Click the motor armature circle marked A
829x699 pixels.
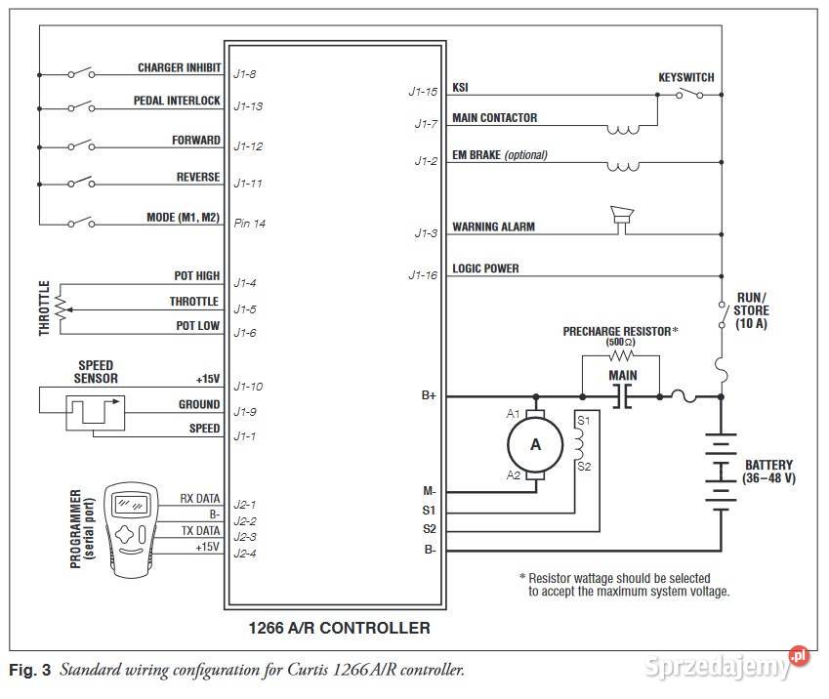(535, 444)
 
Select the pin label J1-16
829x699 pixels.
(423, 275)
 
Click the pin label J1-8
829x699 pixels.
(245, 73)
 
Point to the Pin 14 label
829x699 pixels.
(250, 224)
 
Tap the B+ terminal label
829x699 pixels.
(428, 396)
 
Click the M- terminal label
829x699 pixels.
(429, 491)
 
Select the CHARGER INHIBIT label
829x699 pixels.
(179, 68)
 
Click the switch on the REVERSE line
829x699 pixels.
(80, 183)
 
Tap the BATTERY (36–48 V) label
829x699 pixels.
(768, 472)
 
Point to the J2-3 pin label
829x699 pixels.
(246, 537)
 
